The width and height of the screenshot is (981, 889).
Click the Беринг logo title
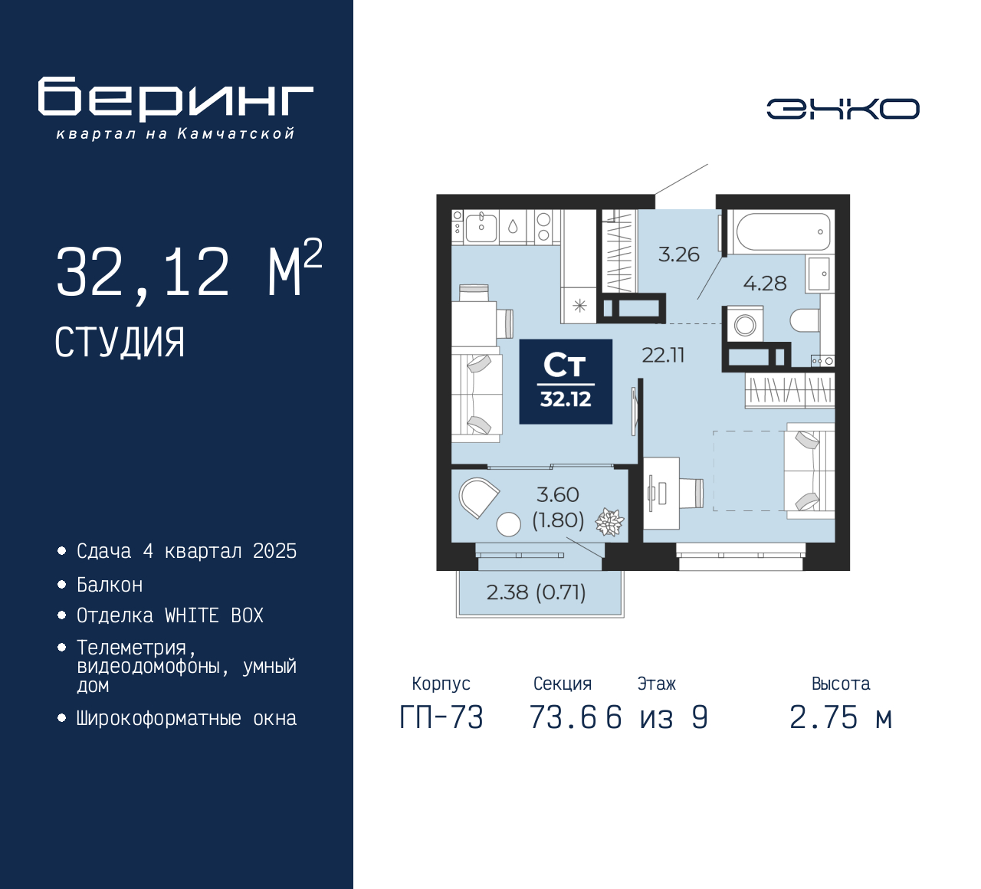pos(176,99)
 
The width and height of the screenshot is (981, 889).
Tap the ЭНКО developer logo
pos(842,109)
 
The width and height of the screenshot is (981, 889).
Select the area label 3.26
pos(679,254)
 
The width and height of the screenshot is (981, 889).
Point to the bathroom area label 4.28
pos(765,283)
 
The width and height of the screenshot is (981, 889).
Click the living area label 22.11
pos(663,355)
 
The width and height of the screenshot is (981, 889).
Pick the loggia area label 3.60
pos(558,495)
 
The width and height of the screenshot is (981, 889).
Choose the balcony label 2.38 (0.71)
pos(536,592)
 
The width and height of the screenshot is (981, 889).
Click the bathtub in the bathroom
pos(783,231)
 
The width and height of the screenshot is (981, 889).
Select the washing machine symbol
pos(745,324)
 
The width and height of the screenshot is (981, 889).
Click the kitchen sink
pos(481,228)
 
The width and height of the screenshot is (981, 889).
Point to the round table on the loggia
pos(509,524)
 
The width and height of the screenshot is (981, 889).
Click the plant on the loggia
pos(609,522)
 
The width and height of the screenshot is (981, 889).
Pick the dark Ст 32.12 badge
pos(566,382)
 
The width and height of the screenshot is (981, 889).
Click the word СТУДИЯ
pos(120,343)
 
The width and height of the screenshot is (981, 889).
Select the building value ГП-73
pos(441,717)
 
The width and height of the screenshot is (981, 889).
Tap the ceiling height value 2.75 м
pos(841,717)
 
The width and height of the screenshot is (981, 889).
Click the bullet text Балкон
pos(110,585)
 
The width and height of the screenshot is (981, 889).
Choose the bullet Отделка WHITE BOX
pos(169,615)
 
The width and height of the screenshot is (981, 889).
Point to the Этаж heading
pos(656,684)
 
